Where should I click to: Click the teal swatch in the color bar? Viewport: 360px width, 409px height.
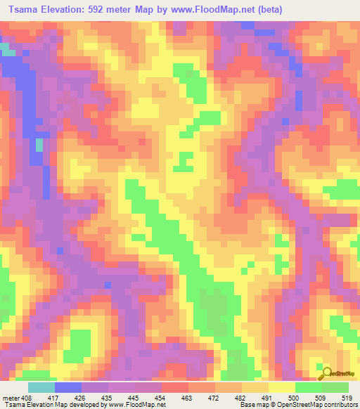pos(41,387)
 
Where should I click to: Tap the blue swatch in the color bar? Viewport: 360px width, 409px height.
pos(68,387)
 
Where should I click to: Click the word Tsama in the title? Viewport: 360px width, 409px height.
pos(19,9)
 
